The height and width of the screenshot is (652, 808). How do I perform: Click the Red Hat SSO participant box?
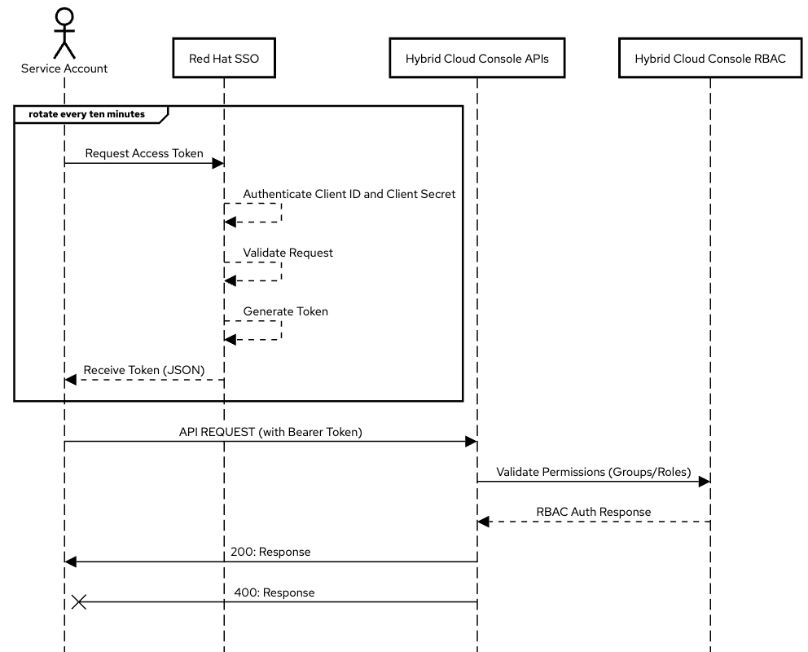tap(224, 58)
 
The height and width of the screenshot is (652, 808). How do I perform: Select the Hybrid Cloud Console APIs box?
tap(476, 58)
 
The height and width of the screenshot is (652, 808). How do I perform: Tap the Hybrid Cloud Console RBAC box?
tap(710, 58)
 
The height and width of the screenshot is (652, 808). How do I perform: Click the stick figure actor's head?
tap(64, 15)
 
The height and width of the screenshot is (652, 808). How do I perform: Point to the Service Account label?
tap(64, 68)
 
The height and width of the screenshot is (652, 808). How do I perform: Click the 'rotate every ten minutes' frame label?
tap(86, 114)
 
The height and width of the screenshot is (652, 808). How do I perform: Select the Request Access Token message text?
tap(144, 153)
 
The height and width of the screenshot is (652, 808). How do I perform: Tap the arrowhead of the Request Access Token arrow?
tap(218, 163)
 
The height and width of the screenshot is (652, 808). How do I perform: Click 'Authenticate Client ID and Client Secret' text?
tap(349, 195)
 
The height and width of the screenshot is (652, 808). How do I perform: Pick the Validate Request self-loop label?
tap(288, 253)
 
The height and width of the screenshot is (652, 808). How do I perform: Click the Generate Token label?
tap(285, 311)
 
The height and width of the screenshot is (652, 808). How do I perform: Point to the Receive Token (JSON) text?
tap(143, 370)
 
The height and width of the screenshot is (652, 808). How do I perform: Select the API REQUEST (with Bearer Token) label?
tap(270, 432)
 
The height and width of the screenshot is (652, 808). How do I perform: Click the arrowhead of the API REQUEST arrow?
tap(471, 441)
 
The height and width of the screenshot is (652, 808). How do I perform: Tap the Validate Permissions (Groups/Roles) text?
tap(593, 472)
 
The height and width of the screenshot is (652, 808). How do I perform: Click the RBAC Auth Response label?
tap(593, 512)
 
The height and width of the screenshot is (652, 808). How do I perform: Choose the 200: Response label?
tap(270, 552)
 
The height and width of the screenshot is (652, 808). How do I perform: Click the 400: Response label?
tap(274, 593)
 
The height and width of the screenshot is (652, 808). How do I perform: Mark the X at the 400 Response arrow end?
tap(79, 601)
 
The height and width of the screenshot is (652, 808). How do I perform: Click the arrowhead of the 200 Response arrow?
tap(71, 562)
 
